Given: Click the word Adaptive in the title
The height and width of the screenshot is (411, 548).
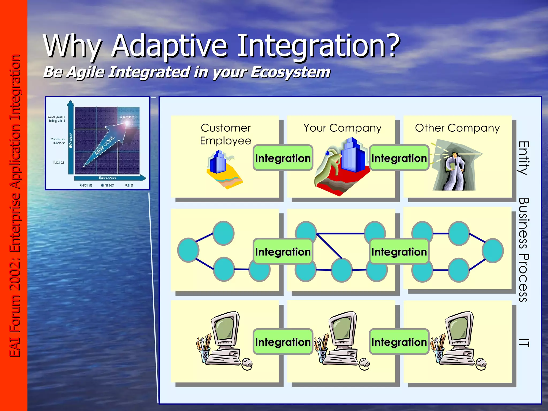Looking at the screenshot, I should click(x=169, y=46).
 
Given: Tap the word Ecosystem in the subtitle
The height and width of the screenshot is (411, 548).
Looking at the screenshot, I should click(x=290, y=72).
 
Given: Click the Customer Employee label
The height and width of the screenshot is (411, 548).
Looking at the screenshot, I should click(x=226, y=134).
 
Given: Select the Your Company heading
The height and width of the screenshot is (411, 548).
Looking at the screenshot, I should click(x=342, y=128).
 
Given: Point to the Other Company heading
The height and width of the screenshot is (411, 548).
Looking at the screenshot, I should click(x=457, y=128).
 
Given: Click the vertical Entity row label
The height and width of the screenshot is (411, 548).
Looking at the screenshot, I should click(x=524, y=158).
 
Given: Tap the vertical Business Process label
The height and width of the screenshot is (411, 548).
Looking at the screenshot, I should click(x=524, y=250).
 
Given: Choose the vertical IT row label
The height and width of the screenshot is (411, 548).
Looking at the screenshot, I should click(x=524, y=342).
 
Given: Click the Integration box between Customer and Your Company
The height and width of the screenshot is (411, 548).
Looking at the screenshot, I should click(x=283, y=158).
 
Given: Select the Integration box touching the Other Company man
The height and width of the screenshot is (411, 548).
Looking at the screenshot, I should click(x=399, y=158).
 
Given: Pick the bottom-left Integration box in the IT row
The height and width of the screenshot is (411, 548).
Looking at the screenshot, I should click(x=283, y=342).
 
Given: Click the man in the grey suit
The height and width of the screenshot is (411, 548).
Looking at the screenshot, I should click(x=454, y=171).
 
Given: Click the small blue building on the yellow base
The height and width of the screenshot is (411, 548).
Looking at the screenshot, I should click(x=218, y=163).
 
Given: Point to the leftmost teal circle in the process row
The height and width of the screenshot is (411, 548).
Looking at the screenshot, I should click(x=188, y=250).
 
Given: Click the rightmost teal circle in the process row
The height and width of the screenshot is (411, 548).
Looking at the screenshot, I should click(x=492, y=251).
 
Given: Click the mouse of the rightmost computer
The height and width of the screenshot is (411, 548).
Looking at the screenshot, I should click(x=481, y=364).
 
